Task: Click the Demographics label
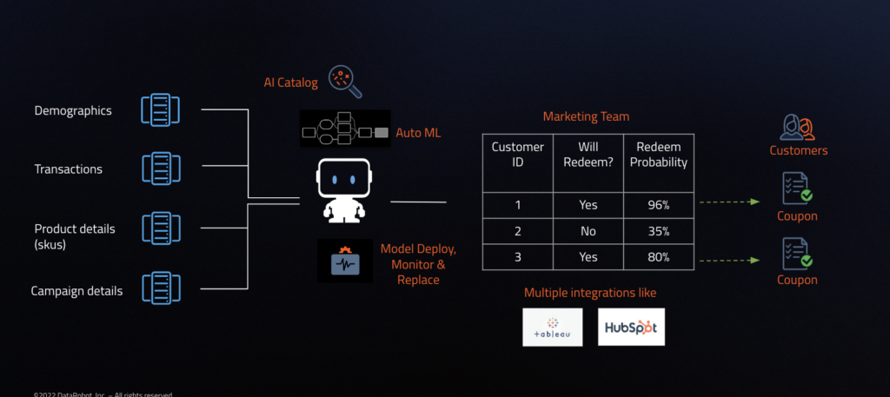73,111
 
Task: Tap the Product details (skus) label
74,235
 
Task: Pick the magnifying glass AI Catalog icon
344,82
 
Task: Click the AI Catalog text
291,83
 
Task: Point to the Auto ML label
420,133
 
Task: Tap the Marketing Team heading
587,116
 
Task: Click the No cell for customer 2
588,231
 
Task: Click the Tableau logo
552,328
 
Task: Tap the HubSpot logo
631,328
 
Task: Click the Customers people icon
798,128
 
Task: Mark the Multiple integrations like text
589,293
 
